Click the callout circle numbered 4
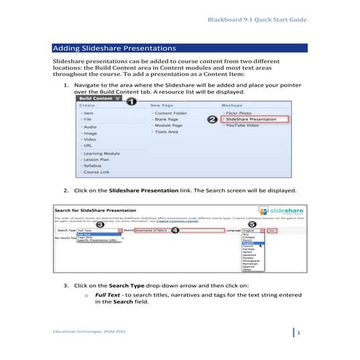coord(175,229)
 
